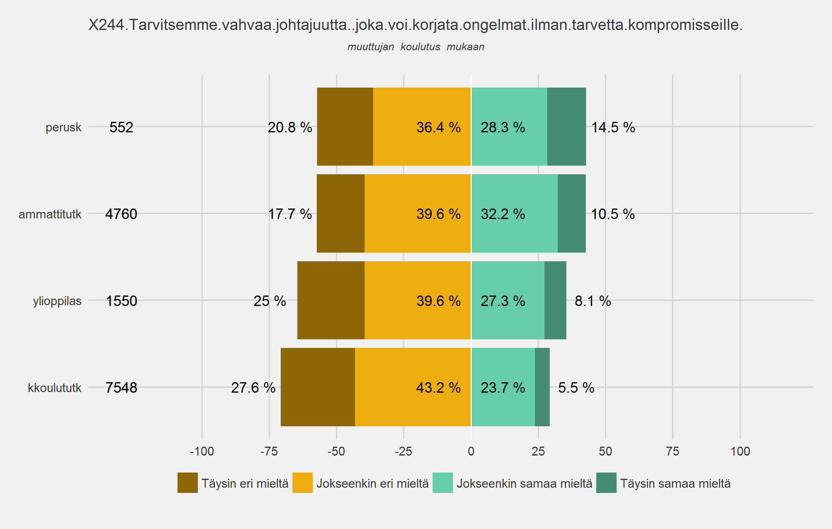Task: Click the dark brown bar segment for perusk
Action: pos(345,126)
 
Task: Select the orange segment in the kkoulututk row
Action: pos(413,387)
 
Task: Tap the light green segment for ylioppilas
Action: pos(508,300)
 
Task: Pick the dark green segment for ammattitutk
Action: pos(572,213)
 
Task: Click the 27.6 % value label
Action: pos(253,388)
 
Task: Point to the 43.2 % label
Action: pos(438,388)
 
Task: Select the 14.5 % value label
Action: pos(613,127)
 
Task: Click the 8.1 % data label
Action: pos(593,301)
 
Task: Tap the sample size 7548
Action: pos(121,388)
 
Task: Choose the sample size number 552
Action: pos(121,127)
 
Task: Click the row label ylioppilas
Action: pos(57,301)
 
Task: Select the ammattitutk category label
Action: pos(50,214)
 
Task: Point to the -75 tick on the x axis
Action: pos(269,451)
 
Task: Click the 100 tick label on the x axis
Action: pos(740,451)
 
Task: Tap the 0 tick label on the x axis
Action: pos(471,451)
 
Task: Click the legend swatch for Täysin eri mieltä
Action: pos(188,483)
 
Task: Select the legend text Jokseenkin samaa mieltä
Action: pos(524,483)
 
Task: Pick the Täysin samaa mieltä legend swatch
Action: pos(606,483)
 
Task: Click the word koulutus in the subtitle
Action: pos(420,47)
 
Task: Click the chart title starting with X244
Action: pos(415,25)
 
